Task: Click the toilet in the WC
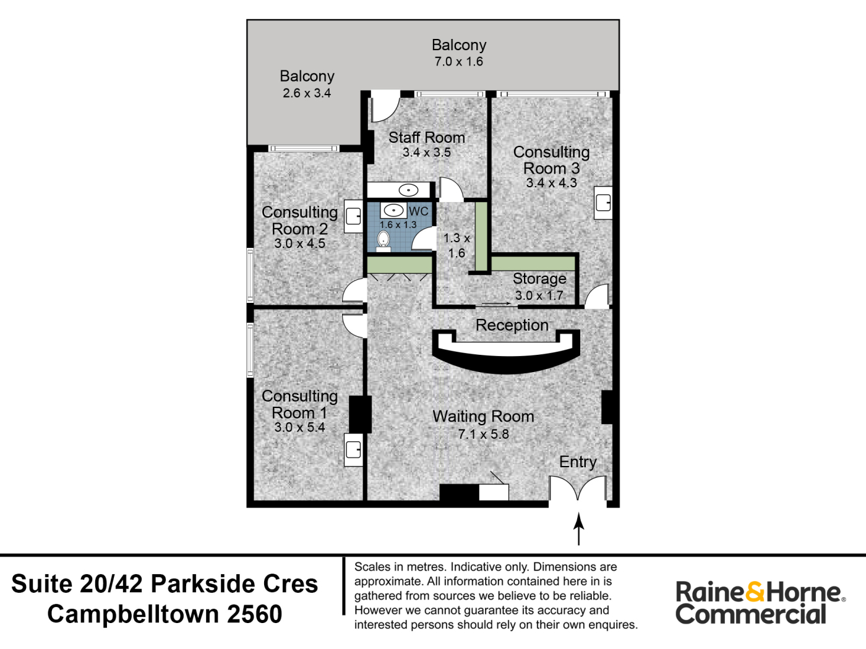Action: [383, 241]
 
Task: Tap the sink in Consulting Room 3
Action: [603, 203]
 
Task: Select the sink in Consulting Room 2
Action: [353, 216]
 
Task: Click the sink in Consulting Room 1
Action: [353, 449]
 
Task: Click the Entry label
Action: [578, 462]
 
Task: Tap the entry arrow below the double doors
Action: [578, 528]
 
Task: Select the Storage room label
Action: [539, 279]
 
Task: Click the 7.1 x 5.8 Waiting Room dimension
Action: [483, 434]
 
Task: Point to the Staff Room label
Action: [426, 137]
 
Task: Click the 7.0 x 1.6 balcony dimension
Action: [458, 61]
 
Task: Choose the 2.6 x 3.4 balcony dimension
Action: [307, 93]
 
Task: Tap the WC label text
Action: [418, 211]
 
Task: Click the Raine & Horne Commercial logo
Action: [760, 603]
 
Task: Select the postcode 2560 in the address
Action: [254, 614]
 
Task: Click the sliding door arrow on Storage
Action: [497, 303]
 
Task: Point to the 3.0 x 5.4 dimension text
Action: [299, 427]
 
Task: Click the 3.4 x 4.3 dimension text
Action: [551, 183]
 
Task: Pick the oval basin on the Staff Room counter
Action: [408, 190]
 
